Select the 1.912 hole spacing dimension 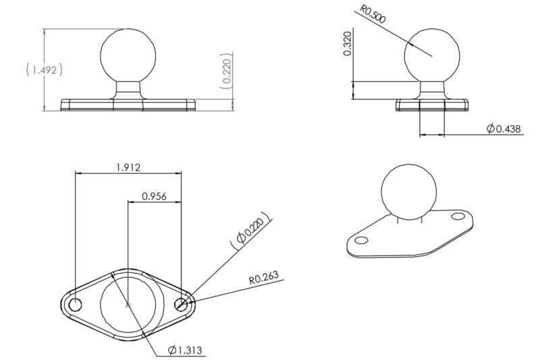coord(128,168)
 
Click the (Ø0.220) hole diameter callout coord(249,230)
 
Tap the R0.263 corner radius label coord(263,276)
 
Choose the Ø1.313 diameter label coord(186,350)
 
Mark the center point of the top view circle coord(128,305)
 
